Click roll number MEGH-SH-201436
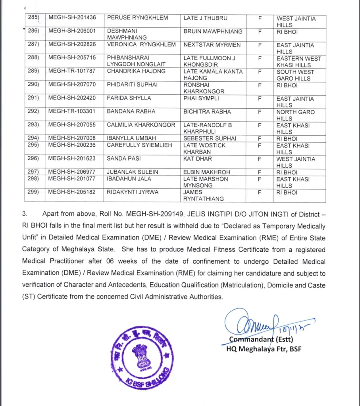click(x=72, y=18)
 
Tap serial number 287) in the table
click(x=33, y=45)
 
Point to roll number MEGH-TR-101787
click(x=72, y=72)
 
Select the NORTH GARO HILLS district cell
click(x=295, y=115)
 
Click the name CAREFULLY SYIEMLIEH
click(x=139, y=146)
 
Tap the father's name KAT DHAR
click(x=198, y=159)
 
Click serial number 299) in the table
click(x=33, y=193)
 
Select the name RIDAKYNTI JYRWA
click(x=133, y=193)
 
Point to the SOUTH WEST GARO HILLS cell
click(x=295, y=75)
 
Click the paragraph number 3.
click(x=25, y=214)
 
